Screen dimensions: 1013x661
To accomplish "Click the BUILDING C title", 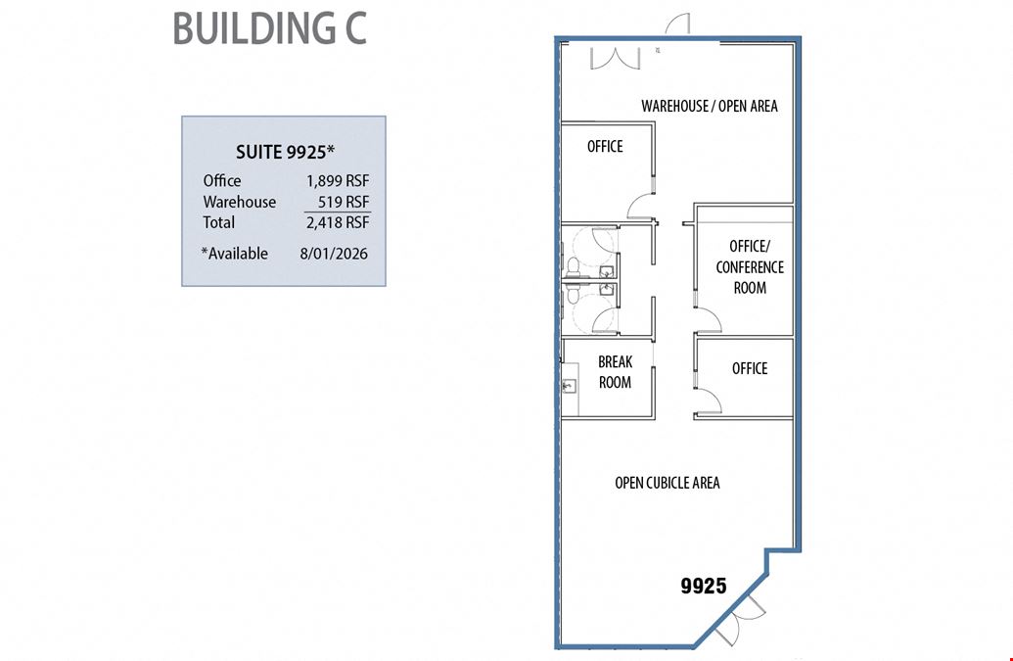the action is point(269,28).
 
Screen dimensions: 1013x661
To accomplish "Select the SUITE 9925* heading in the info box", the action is point(285,152).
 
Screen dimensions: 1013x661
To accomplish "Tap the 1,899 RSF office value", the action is point(338,181).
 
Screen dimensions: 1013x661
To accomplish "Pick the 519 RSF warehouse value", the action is point(344,202).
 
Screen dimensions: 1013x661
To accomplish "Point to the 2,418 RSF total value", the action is point(338,222).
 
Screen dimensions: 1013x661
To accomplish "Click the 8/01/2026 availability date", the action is point(334,254).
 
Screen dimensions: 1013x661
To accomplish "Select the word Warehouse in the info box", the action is point(239,202).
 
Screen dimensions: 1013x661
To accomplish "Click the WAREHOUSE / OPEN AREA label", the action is point(710,106).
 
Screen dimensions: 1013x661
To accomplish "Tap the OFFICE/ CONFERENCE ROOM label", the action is point(750,267).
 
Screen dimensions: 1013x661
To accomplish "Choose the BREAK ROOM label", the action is point(615,371).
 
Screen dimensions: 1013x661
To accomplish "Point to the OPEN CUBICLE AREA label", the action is point(668,483).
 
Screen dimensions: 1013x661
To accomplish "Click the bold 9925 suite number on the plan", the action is point(704,586).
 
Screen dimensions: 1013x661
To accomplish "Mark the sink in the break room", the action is point(569,386).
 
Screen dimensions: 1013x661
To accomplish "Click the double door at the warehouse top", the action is point(615,59).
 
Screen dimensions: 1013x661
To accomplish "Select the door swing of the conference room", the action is point(709,321).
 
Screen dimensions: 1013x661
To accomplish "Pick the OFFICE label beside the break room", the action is point(750,368).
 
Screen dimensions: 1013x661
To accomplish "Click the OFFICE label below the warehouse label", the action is point(605,147).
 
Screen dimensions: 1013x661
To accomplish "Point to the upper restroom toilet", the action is point(573,265).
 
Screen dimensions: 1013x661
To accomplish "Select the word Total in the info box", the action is point(219,222).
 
